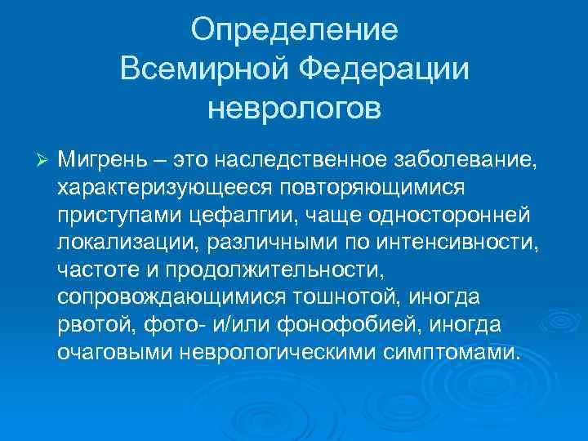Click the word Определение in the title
click(x=294, y=31)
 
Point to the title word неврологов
click(x=294, y=107)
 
